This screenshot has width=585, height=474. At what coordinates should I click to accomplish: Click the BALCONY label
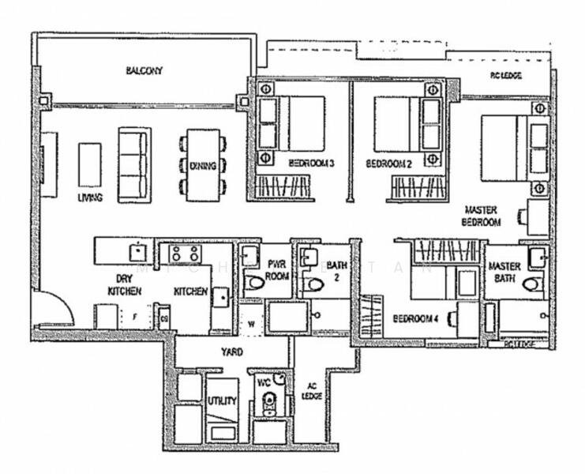pyautogui.click(x=144, y=70)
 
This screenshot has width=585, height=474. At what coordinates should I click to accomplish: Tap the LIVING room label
pyautogui.click(x=90, y=197)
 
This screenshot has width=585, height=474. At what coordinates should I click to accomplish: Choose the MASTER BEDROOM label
pyautogui.click(x=482, y=216)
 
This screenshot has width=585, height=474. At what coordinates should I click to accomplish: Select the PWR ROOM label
pyautogui.click(x=277, y=270)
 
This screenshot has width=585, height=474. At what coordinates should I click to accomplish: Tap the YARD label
pyautogui.click(x=232, y=352)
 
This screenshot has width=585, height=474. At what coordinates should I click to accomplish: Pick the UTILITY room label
pyautogui.click(x=222, y=401)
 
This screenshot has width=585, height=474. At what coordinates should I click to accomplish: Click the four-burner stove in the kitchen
pyautogui.click(x=184, y=254)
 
